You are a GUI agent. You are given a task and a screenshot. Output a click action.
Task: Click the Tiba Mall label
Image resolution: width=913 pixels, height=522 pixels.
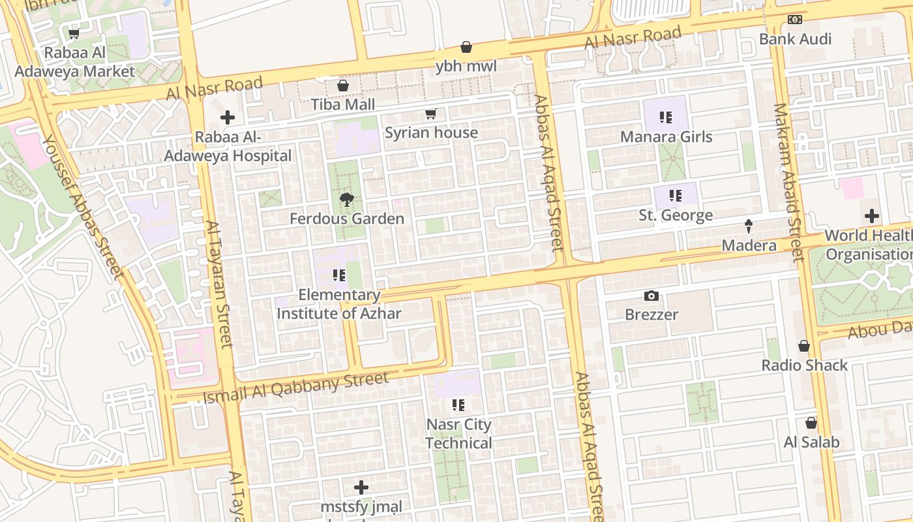click(x=342, y=104)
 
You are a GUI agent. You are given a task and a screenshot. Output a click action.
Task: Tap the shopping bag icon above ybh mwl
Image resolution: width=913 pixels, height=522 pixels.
click(x=466, y=47)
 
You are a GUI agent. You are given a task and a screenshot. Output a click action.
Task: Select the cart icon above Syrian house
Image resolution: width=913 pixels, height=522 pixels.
click(x=430, y=114)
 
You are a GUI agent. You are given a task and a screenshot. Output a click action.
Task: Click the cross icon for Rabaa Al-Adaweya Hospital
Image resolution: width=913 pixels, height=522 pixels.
click(x=227, y=117)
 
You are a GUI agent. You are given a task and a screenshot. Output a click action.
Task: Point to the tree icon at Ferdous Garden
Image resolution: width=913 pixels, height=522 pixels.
click(x=346, y=200)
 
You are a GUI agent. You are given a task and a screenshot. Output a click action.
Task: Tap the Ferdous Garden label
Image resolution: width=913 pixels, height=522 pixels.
click(x=347, y=219)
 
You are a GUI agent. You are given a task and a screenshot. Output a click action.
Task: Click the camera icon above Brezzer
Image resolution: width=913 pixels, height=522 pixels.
click(x=651, y=296)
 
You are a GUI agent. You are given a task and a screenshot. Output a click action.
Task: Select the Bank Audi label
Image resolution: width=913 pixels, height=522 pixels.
click(x=795, y=39)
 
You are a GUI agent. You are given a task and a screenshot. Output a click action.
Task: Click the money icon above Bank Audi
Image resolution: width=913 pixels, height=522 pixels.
click(x=794, y=20)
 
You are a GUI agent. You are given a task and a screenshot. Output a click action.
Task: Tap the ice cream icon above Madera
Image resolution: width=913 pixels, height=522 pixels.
click(x=749, y=226)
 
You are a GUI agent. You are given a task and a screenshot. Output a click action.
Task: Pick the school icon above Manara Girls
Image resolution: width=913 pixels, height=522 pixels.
click(x=665, y=117)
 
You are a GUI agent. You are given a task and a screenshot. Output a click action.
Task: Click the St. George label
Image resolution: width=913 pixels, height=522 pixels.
click(x=675, y=215)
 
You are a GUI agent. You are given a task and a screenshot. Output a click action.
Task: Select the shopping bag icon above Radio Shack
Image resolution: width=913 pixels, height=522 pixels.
click(x=804, y=346)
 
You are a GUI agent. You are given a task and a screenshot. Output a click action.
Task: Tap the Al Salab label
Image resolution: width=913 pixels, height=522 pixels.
click(x=811, y=442)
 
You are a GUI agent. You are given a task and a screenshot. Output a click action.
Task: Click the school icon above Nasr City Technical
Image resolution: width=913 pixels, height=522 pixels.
click(x=458, y=405)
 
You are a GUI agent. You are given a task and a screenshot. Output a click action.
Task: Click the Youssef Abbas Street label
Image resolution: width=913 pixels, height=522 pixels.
click(x=82, y=206)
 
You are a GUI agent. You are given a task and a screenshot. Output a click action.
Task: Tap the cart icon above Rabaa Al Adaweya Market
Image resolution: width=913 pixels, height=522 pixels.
click(x=74, y=33)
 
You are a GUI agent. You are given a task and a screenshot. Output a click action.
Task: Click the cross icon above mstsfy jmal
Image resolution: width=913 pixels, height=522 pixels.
click(x=361, y=487)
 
